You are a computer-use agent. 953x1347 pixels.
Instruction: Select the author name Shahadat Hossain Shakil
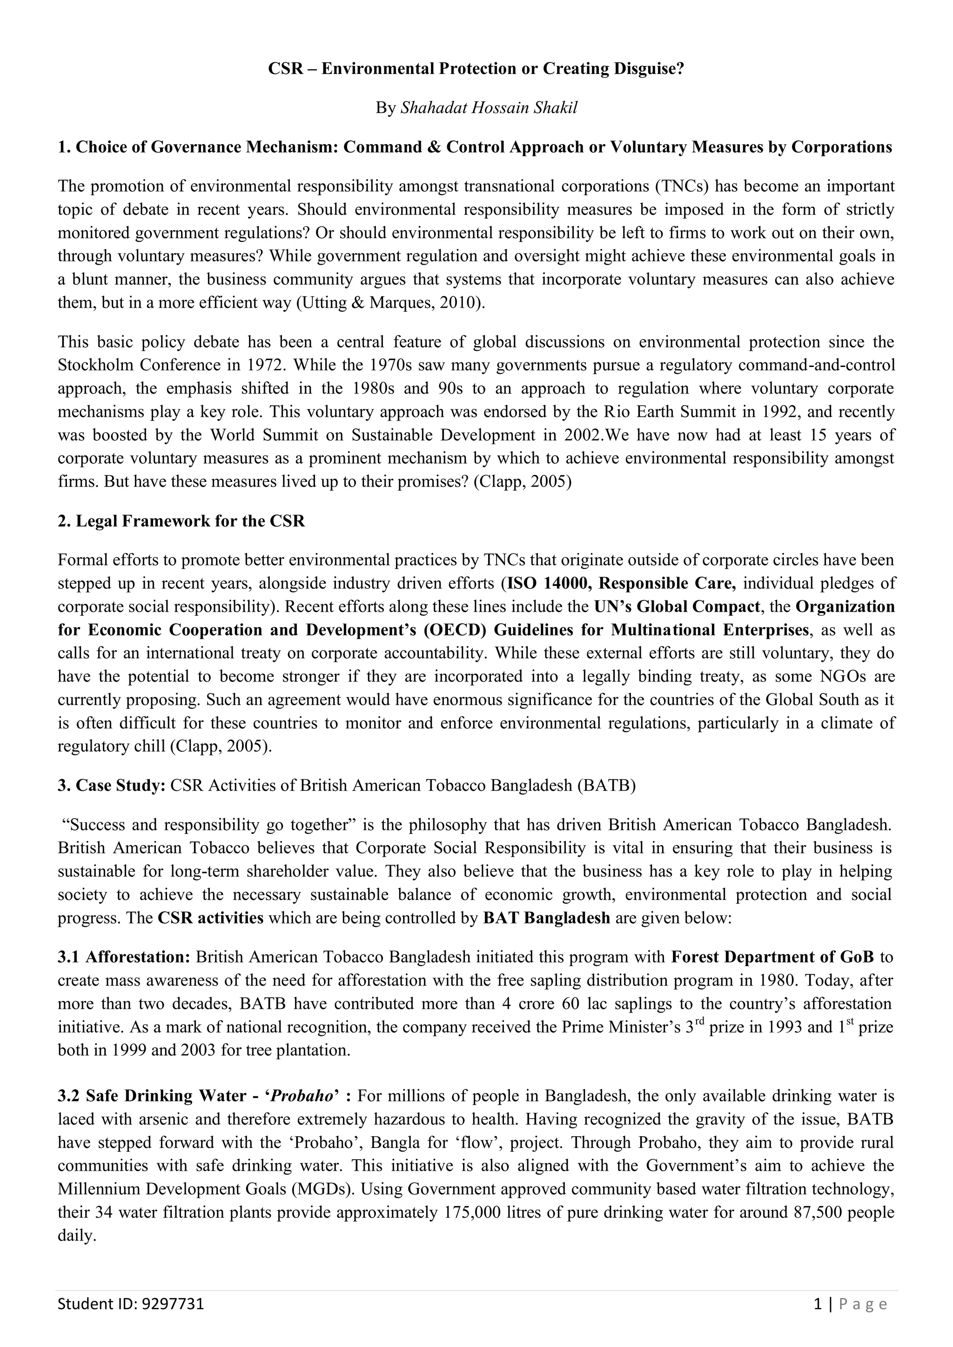(x=488, y=108)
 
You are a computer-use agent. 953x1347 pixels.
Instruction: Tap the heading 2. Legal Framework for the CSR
(x=181, y=521)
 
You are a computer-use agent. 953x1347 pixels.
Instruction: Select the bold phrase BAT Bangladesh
(x=546, y=918)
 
